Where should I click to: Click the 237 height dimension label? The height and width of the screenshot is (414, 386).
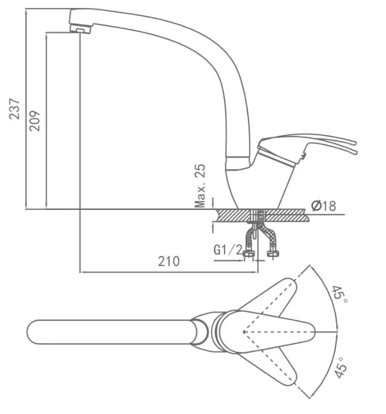(x=15, y=109)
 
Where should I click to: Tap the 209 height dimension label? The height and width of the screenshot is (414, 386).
(x=35, y=121)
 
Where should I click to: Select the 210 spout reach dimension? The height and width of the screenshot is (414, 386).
(x=168, y=261)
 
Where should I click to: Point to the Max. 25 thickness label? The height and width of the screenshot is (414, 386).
(x=200, y=186)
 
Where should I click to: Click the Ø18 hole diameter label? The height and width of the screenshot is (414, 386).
(x=323, y=206)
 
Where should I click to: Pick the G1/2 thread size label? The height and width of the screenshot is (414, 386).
(x=228, y=249)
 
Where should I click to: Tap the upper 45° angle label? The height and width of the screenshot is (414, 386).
(x=339, y=294)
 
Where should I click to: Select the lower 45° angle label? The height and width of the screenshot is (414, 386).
(x=340, y=368)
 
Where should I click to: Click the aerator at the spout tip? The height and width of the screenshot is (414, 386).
(x=80, y=29)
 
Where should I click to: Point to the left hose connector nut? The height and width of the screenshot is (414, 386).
(x=249, y=254)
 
